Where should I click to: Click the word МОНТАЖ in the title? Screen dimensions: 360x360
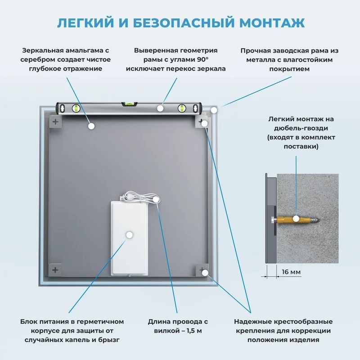click(272, 23)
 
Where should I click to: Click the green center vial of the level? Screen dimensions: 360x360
click(130, 103)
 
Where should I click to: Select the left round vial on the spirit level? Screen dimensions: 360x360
click(76, 108)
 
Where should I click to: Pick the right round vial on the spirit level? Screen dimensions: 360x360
click(182, 108)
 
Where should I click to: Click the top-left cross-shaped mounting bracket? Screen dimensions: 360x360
click(55, 121)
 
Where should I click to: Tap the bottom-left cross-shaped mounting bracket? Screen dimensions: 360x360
click(55, 270)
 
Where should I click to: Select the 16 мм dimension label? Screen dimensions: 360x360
click(291, 272)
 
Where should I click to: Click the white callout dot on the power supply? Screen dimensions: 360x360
click(130, 234)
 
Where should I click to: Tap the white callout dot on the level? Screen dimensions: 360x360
click(160, 108)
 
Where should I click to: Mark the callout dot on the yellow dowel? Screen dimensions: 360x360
click(296, 219)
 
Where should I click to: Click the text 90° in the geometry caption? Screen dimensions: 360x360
click(202, 59)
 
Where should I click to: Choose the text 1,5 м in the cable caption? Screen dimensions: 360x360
click(194, 331)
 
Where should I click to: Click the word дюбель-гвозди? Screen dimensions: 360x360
click(301, 128)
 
